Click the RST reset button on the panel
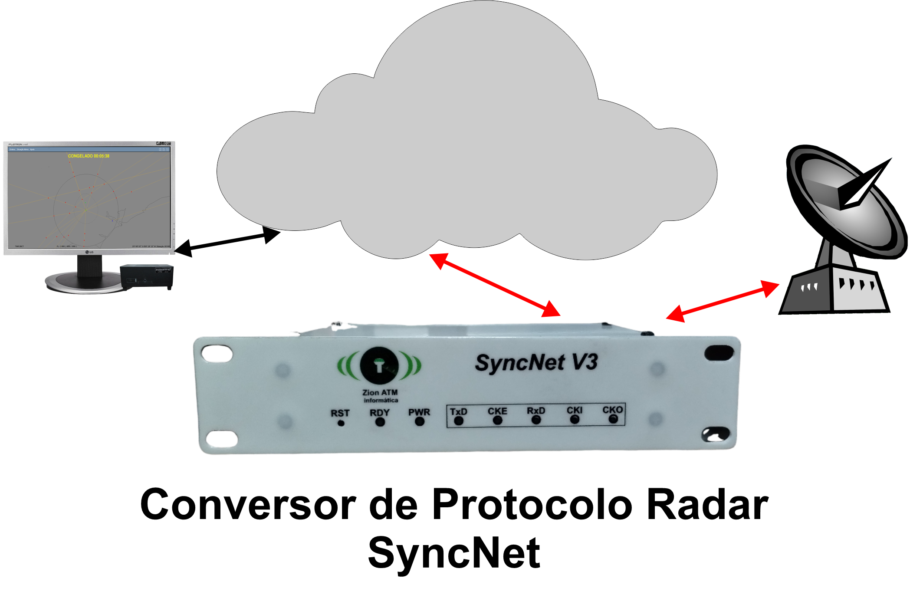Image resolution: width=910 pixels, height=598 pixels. (x=341, y=423)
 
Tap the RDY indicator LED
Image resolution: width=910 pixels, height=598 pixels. (x=380, y=421)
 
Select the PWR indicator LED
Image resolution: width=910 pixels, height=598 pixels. (x=419, y=421)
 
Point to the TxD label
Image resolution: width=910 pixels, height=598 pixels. (x=458, y=411)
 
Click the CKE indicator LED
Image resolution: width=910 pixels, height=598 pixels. (x=497, y=420)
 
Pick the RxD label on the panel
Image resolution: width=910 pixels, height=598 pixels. (x=536, y=411)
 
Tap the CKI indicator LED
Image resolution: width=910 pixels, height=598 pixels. (x=575, y=419)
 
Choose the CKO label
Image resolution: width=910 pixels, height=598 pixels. (x=612, y=410)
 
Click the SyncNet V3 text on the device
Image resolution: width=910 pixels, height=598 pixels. (x=536, y=363)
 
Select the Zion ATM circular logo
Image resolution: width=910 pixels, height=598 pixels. (x=379, y=365)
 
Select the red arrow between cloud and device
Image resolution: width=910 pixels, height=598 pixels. (x=495, y=285)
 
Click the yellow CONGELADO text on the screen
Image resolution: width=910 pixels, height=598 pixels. (x=89, y=156)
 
